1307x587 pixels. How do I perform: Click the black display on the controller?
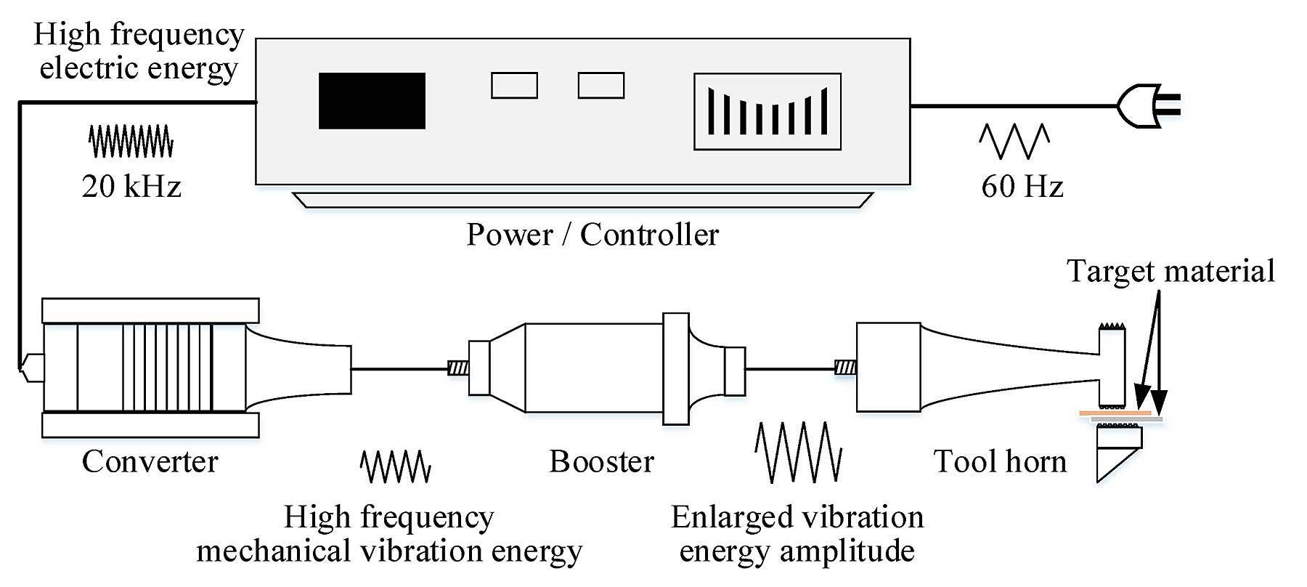[x=372, y=100]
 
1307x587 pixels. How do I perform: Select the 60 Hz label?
[x=1022, y=187]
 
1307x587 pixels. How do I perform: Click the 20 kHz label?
[x=131, y=187]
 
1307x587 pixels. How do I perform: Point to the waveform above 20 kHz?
[x=131, y=141]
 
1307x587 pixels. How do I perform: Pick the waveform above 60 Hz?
[x=1015, y=141]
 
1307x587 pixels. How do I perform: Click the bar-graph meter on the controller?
[x=767, y=111]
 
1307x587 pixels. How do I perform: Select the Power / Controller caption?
[x=593, y=235]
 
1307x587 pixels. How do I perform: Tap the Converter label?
[x=150, y=461]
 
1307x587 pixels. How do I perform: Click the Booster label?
[x=601, y=461]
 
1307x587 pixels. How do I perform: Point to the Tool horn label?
[x=1000, y=461]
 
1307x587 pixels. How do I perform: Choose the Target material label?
[x=1170, y=271]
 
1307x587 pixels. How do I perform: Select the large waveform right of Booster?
[x=799, y=453]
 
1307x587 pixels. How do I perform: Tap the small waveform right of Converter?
[x=396, y=466]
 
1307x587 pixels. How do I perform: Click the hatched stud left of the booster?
[x=458, y=368]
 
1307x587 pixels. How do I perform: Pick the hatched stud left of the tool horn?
[x=846, y=368]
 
